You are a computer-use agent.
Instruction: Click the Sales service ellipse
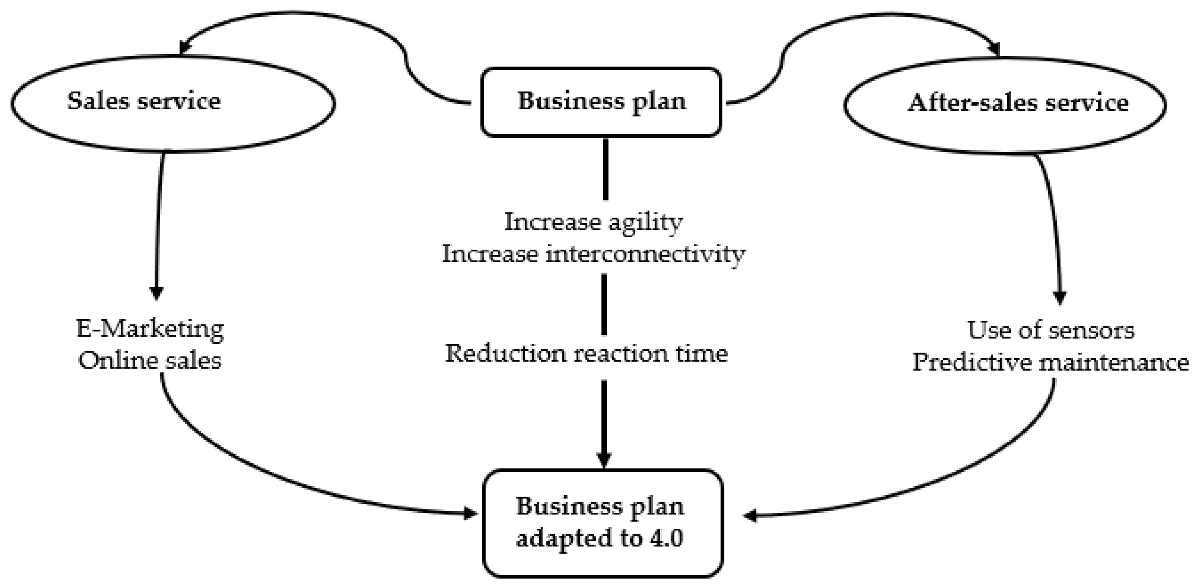173,103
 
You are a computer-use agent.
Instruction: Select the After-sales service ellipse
1005,105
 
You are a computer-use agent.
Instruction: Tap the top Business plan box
601,102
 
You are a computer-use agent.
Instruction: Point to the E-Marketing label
150,329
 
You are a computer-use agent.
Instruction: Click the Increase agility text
593,222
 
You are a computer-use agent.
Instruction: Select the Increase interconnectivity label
593,254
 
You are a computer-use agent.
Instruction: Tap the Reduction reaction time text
586,354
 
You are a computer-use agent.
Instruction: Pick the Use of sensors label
1051,331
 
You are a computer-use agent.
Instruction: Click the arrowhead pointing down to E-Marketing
157,293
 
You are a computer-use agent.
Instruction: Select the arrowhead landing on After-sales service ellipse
993,49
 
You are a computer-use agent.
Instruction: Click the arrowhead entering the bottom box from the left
471,513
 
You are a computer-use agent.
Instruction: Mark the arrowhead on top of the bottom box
604,459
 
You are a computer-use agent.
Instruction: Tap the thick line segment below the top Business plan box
605,169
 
